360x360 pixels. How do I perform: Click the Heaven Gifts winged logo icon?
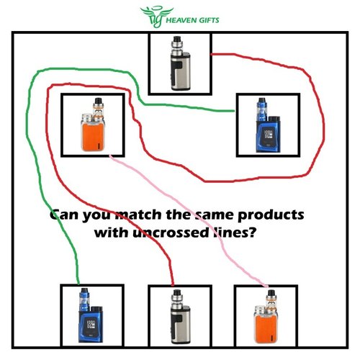[x=156, y=17]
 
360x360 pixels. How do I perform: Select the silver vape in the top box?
[x=181, y=63]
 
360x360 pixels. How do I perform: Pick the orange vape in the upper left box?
[x=94, y=125]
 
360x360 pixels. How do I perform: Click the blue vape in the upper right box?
[x=269, y=125]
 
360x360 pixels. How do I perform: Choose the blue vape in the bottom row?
[x=91, y=315]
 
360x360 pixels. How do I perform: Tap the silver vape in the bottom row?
[x=181, y=316]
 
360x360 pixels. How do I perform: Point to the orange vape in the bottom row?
[x=266, y=316]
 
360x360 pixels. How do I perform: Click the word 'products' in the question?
[x=271, y=215]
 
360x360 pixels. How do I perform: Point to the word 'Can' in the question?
[x=64, y=215]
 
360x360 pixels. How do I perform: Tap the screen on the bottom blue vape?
[x=91, y=325]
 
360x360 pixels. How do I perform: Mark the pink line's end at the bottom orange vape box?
[x=267, y=286]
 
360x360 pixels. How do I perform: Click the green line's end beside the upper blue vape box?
[x=234, y=111]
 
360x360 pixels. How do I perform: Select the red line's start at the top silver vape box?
[x=212, y=55]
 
